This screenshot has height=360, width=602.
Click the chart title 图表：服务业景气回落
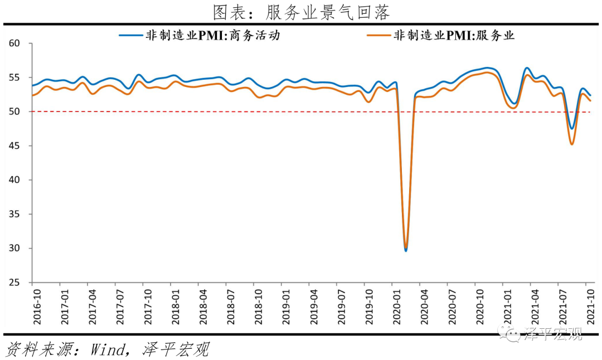(301, 12)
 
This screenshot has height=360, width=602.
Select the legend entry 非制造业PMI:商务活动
(212, 36)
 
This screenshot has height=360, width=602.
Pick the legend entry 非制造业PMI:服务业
(454, 36)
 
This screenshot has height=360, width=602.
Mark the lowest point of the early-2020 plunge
(406, 250)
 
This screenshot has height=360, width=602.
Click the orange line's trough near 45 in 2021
(572, 144)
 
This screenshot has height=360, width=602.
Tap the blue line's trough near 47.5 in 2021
(572, 129)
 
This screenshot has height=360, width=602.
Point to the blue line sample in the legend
(130, 36)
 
